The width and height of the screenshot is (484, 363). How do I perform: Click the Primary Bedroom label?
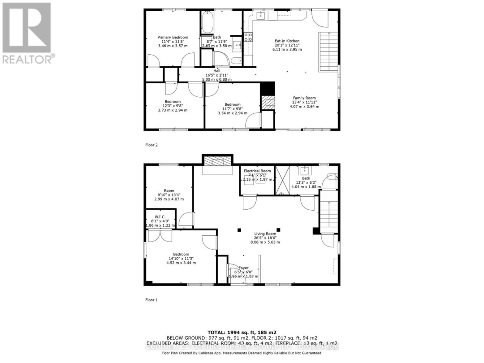coord(173,37)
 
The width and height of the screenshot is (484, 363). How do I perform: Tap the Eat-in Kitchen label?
coord(287,41)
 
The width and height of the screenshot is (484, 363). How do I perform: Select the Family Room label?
coord(304,98)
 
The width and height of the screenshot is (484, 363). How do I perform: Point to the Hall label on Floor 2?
coord(217,71)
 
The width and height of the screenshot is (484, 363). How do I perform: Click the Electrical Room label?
coord(257,171)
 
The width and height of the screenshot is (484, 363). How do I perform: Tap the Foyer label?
coord(243,268)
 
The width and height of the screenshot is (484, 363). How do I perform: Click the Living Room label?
coord(265,233)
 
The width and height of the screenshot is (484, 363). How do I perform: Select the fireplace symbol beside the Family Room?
coord(268,103)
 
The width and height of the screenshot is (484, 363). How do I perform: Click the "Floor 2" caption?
coord(151,145)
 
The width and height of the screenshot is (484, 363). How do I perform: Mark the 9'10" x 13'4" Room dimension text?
coord(169,194)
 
